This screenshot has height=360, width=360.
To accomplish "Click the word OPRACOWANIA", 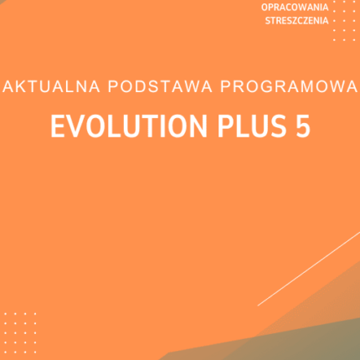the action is click(x=295, y=8).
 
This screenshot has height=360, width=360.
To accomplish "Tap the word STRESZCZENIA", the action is click(x=296, y=21).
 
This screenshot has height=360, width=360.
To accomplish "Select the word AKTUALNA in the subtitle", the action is click(x=51, y=86).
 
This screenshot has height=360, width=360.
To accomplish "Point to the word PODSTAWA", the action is click(x=161, y=86).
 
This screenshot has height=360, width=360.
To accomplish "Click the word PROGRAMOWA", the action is click(x=289, y=86).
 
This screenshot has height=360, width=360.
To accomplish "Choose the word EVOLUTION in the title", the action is click(x=129, y=126).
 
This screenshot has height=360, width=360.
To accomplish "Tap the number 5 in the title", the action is click(x=303, y=126).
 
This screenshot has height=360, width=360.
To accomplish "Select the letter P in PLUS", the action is click(x=225, y=126).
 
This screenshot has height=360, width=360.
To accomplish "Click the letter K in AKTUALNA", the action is click(x=22, y=86).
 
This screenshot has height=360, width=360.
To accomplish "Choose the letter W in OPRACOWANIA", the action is click(x=303, y=8).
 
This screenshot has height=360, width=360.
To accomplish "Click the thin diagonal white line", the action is click(x=309, y=269).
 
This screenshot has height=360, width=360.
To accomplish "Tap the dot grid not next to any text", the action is click(x=20, y=333).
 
